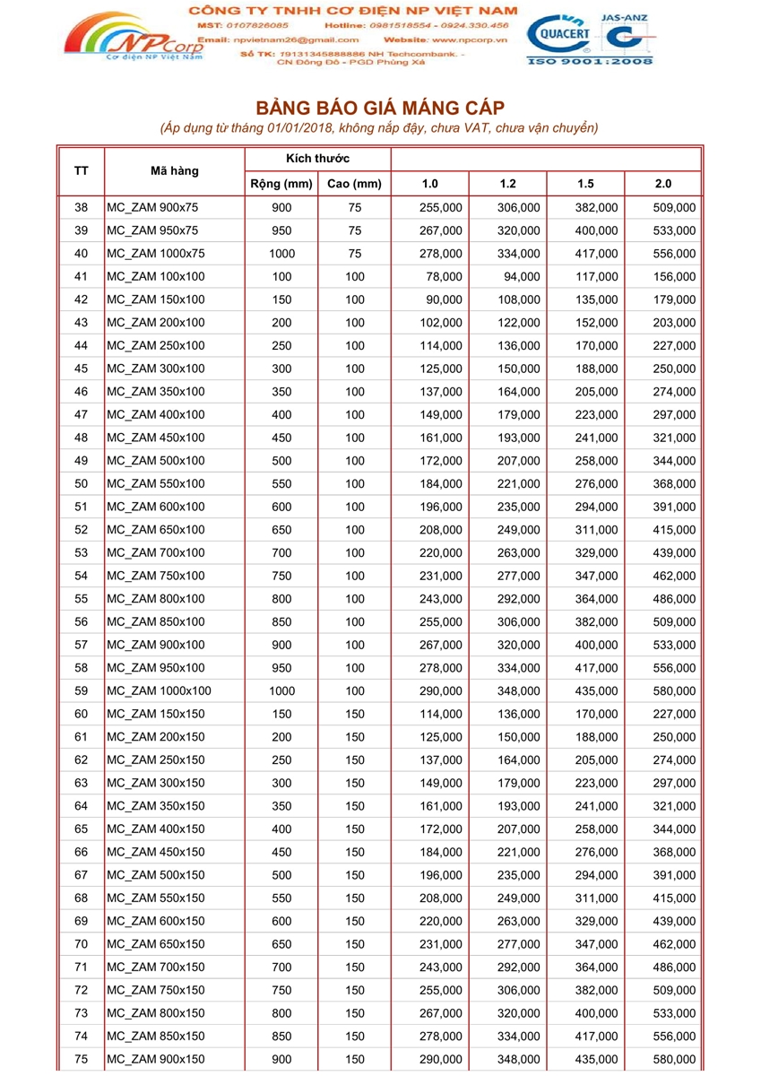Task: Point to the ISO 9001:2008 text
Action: (589, 60)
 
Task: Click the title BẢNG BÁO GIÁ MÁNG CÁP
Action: (380, 108)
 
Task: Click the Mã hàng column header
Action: (175, 170)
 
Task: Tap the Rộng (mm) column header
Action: (281, 184)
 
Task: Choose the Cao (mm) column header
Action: (354, 184)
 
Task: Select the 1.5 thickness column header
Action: (585, 184)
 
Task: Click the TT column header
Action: (81, 170)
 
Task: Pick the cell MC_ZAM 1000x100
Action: (160, 690)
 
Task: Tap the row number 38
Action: (81, 207)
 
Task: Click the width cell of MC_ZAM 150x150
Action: (281, 714)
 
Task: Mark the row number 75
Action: (81, 1059)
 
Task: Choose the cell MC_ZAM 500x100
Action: (156, 461)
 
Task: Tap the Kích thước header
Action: (317, 159)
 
